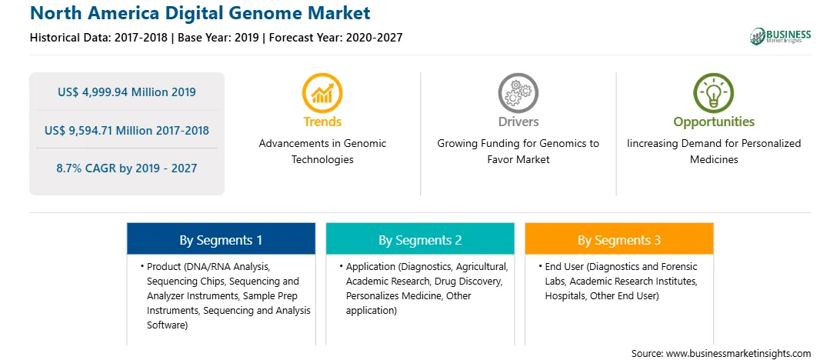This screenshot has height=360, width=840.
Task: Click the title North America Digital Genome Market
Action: [200, 13]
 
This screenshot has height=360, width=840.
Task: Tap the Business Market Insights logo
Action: [780, 36]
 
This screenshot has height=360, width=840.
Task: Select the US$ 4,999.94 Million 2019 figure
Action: [126, 92]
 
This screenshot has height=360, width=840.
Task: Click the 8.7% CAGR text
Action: [89, 168]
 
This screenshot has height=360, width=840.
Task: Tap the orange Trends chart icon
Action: [322, 93]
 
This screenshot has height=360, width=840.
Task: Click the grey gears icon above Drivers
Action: [518, 93]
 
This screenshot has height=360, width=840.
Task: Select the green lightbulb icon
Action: [714, 93]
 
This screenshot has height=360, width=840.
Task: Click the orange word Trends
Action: [322, 122]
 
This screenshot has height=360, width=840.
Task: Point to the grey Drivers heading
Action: [518, 122]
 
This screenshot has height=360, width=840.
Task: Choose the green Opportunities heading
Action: [714, 122]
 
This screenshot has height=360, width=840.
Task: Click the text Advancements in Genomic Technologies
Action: [322, 152]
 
